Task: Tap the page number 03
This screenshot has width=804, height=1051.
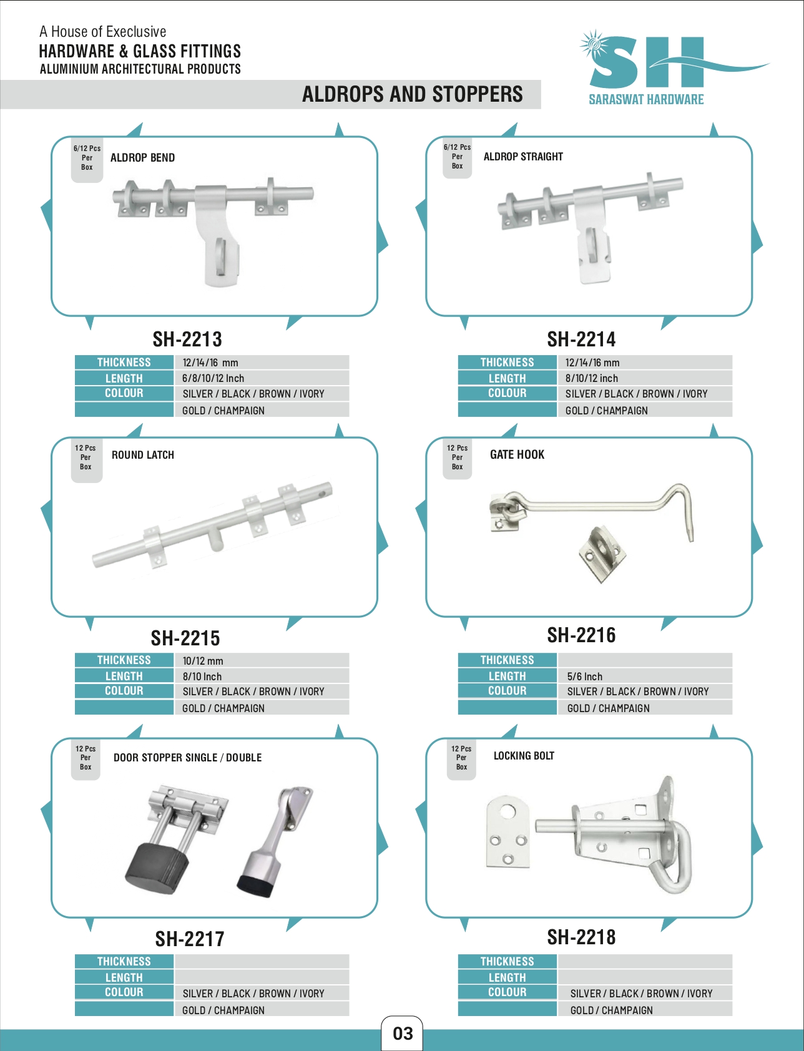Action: [403, 1034]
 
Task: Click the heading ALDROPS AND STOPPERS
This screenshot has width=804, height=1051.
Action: [412, 94]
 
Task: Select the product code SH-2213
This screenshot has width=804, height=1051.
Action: [187, 340]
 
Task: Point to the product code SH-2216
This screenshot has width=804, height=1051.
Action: [581, 635]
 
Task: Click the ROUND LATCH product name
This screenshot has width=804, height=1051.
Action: [143, 455]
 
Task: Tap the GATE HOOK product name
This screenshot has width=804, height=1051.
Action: [517, 455]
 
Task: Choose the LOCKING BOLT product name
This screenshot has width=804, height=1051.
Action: [524, 756]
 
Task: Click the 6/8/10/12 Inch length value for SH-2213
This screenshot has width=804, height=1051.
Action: [213, 378]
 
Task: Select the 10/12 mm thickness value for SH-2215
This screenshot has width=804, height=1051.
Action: [202, 661]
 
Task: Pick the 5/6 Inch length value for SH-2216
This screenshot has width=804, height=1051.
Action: [584, 677]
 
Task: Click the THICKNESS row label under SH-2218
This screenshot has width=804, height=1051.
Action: [507, 962]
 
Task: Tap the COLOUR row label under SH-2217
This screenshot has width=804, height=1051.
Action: [124, 992]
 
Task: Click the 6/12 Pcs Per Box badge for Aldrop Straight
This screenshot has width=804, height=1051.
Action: [457, 157]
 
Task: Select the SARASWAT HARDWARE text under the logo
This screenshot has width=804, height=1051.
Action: [646, 100]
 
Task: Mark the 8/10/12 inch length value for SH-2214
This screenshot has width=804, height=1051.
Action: [591, 378]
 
